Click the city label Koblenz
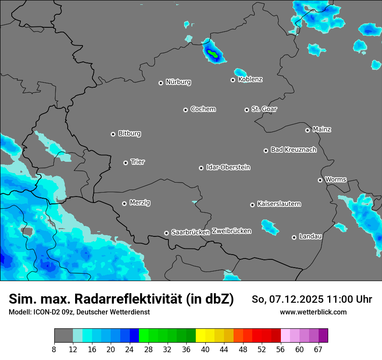pos(250,79)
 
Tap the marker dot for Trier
pos(126,163)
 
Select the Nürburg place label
pos(178,82)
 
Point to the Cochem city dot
pos(185,110)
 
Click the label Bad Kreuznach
pos(293,150)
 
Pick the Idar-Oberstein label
pos(228,167)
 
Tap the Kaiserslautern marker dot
pos(252,205)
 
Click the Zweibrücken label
pos(231,231)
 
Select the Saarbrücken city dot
pos(166,233)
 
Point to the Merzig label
pos(140,203)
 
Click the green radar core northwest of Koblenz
pos(213,54)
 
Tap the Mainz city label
pos(322,129)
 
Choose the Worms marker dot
pos(320,180)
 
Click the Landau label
pos(310,236)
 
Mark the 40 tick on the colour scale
pos(205,349)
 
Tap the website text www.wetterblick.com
pos(313,312)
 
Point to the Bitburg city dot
pos(113,134)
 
